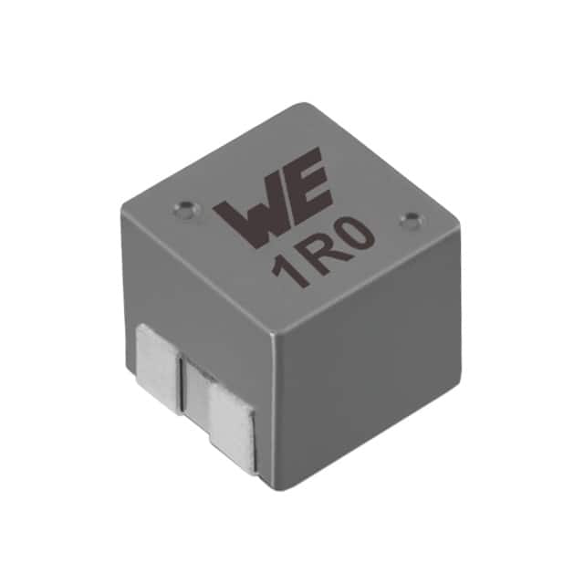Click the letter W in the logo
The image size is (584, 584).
245,212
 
